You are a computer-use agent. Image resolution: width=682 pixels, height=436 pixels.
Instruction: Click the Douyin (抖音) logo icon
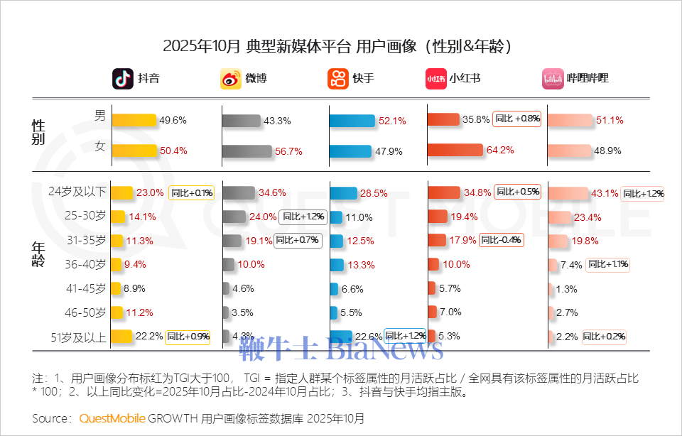coord(123,79)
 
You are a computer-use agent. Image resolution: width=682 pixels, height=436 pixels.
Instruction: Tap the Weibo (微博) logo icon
coord(231,79)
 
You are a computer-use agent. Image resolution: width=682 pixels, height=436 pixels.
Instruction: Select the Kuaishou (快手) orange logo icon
coord(338,79)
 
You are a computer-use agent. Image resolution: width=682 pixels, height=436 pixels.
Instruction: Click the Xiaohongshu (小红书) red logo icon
coord(435,79)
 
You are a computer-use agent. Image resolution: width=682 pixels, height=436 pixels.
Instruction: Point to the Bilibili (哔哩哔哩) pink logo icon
coord(553,79)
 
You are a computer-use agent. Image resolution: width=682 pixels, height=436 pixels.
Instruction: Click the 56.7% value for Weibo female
coord(289,151)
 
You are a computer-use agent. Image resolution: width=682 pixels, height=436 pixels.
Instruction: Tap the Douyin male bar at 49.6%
coord(134,120)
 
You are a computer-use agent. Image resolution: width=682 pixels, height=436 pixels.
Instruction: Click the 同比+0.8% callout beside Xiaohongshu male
coord(518,119)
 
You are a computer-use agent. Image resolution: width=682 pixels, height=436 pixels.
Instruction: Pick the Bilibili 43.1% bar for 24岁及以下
coord(568,193)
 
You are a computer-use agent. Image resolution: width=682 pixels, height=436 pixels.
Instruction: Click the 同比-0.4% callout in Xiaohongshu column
coord(501,240)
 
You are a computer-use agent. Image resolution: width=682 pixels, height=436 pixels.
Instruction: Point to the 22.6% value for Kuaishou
coord(369,337)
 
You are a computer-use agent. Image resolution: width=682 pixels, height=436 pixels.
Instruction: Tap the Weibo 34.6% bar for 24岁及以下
coord(239,192)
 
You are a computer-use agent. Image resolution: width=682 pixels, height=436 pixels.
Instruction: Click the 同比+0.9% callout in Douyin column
coord(188,337)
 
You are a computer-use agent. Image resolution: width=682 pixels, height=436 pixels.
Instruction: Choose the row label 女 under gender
coord(100,148)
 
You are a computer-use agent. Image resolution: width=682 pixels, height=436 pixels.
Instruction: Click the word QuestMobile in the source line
coord(112,418)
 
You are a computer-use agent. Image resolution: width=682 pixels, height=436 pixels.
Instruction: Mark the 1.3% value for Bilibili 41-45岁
coord(567,289)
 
